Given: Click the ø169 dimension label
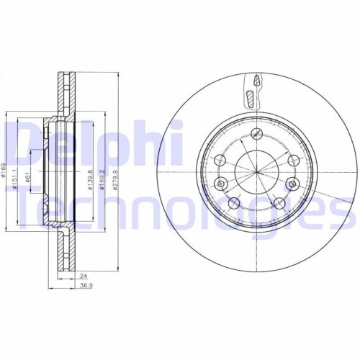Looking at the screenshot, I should tap(6, 173).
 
